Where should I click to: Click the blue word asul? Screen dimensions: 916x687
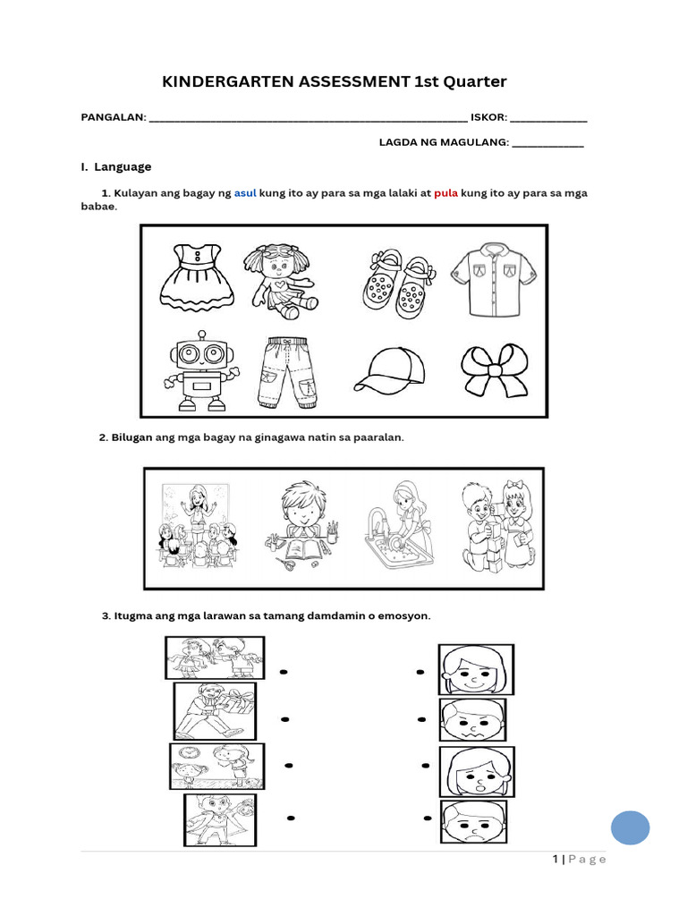pyautogui.click(x=245, y=193)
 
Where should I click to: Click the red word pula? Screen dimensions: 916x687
pyautogui.click(x=445, y=193)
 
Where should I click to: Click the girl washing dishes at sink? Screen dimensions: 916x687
pyautogui.click(x=399, y=528)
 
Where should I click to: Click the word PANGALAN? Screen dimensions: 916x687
pyautogui.click(x=113, y=117)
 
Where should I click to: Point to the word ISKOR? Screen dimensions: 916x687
pyautogui.click(x=488, y=117)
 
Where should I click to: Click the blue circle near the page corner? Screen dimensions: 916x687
pyautogui.click(x=630, y=827)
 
